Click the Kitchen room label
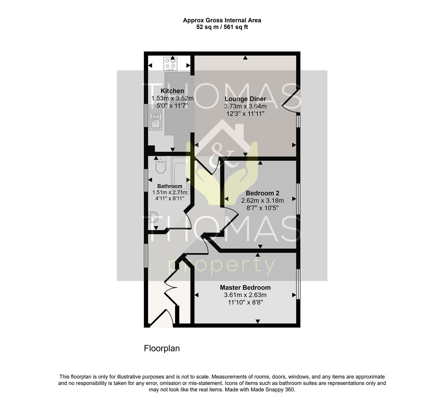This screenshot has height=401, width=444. coord(172,91)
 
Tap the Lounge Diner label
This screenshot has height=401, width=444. coord(245,99)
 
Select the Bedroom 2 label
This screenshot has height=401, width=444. coord(262,193)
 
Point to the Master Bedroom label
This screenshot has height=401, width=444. coord(245,287)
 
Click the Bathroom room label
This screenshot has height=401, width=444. coord(170,186)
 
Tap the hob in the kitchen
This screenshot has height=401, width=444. coord(171,63)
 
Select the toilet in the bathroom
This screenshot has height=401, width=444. coord(161,165)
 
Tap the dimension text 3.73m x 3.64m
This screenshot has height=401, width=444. coord(245,107)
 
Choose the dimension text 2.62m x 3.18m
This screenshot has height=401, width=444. coord(262,200)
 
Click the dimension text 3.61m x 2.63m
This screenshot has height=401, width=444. coord(245,295)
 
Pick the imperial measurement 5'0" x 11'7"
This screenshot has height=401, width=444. coord(172,106)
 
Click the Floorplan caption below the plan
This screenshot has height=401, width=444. coord(162,348)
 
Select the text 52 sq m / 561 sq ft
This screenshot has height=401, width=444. coord(222,27)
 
